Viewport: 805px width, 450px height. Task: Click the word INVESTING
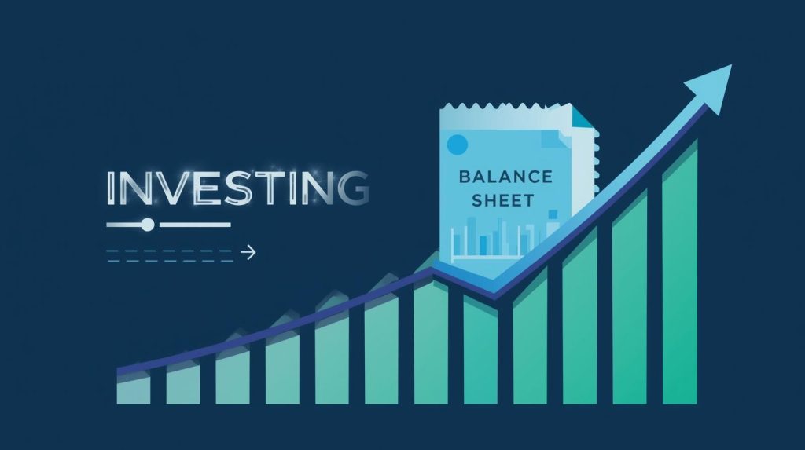[x=237, y=188]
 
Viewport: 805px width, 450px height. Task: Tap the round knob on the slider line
[x=146, y=225]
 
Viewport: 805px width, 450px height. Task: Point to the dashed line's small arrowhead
[x=252, y=252]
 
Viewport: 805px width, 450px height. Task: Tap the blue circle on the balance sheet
[x=456, y=143]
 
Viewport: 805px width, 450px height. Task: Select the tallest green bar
[x=679, y=275]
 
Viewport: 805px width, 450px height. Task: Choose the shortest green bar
[x=134, y=388]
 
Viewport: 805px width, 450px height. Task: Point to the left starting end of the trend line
[x=120, y=370]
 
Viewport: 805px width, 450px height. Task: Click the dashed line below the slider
[x=173, y=252]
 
